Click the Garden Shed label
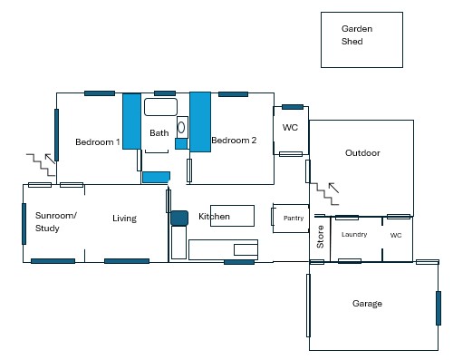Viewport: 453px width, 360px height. [x=357, y=35]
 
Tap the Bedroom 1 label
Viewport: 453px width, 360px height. [x=98, y=141]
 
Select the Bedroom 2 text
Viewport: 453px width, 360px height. [x=234, y=141]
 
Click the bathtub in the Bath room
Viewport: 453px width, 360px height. [x=160, y=107]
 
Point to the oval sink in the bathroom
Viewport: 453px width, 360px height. [x=181, y=127]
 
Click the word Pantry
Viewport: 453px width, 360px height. [x=294, y=218]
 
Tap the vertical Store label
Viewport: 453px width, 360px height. [x=320, y=237]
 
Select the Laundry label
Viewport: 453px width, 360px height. [x=354, y=234]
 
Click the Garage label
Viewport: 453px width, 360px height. [x=367, y=304]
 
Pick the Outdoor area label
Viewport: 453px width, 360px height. [x=362, y=153]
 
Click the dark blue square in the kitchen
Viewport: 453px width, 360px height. [x=179, y=218]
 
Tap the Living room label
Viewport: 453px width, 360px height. [x=124, y=219]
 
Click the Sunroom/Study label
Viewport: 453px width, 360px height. [x=56, y=221]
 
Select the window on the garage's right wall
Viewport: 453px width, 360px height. [x=439, y=308]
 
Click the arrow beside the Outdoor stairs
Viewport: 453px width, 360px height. [x=333, y=188]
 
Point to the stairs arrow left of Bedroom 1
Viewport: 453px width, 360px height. [x=50, y=159]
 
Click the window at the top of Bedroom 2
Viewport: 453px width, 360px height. [x=233, y=94]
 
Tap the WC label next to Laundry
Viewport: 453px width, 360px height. [x=396, y=235]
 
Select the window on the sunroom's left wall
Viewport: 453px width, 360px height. [x=24, y=224]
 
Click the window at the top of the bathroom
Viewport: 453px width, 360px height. [x=165, y=93]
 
